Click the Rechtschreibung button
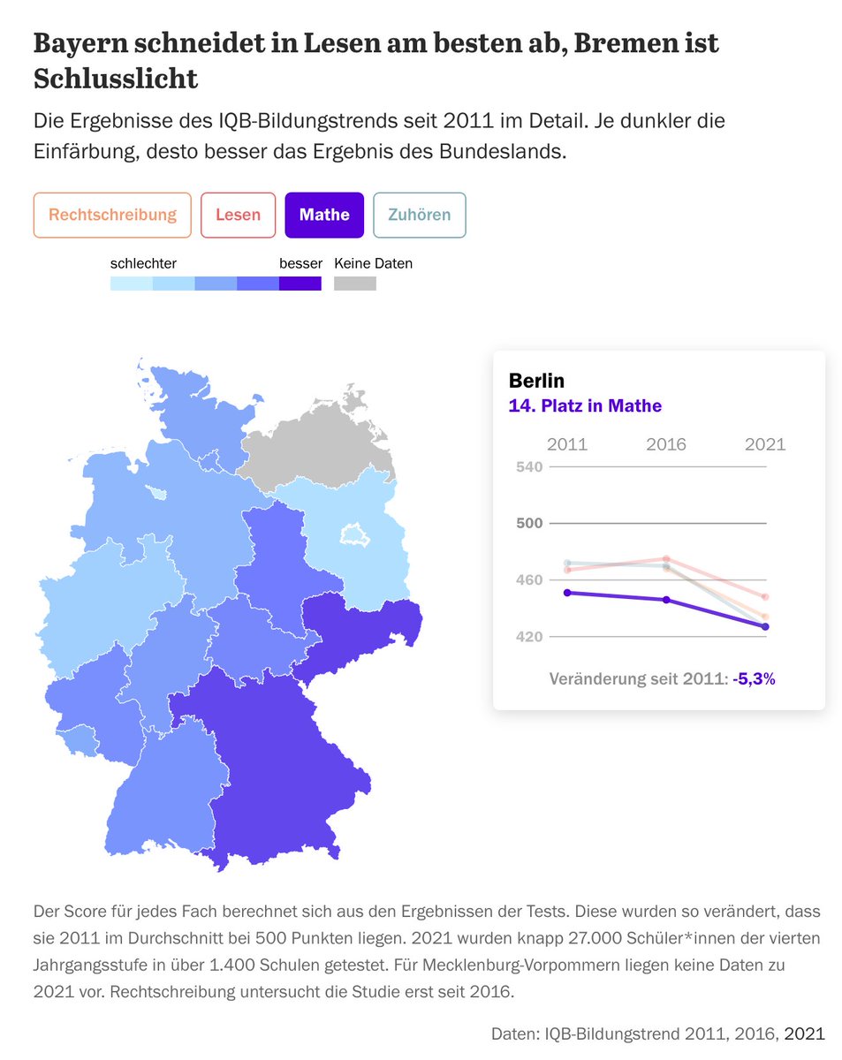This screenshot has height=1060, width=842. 112,215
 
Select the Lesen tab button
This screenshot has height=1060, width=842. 238,215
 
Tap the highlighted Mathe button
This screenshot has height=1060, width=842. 324,215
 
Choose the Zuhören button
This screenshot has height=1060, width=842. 420,215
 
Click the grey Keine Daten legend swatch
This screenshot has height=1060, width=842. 354,284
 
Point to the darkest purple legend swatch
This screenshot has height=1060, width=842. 300,284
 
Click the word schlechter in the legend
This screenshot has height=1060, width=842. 143,263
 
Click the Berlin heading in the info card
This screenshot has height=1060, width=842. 536,381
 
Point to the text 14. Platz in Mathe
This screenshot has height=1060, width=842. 585,405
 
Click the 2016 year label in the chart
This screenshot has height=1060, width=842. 665,444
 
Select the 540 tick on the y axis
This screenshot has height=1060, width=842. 528,466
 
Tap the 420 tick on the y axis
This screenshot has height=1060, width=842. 528,637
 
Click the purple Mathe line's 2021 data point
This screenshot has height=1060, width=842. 765,626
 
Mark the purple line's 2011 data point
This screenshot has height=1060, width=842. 567,593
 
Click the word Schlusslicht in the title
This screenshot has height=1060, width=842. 115,79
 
